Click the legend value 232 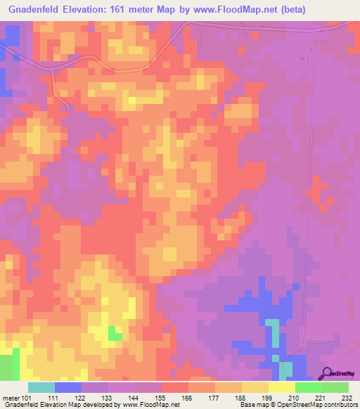(345, 397)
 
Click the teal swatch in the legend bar (41, 387)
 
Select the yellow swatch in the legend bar (281, 387)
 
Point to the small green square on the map (115, 335)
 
